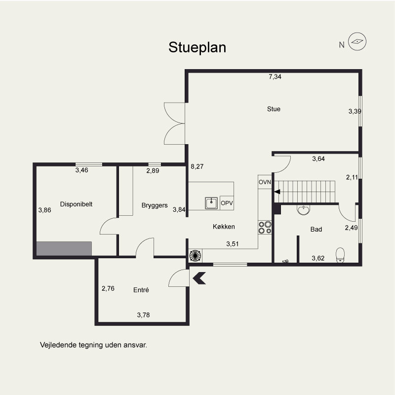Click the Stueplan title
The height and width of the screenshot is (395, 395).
point(197,47)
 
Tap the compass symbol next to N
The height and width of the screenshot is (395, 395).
point(357,41)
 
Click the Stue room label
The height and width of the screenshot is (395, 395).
point(274,109)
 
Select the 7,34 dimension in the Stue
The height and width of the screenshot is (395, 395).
point(275,77)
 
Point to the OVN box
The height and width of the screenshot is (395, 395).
point(265,182)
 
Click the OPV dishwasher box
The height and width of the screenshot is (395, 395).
point(227,203)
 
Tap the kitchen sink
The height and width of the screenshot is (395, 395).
point(211,203)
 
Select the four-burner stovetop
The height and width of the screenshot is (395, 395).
point(265,228)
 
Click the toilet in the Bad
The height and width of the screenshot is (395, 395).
point(340,255)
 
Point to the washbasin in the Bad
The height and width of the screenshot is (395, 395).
point(303,209)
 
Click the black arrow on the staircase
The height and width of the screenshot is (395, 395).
point(277,192)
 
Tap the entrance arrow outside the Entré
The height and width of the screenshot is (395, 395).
point(199,278)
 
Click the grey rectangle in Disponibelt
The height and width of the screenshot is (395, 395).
point(64,249)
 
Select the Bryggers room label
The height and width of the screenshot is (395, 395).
point(155,205)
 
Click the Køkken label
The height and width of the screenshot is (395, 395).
point(224,227)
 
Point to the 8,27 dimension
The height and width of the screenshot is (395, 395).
point(197,166)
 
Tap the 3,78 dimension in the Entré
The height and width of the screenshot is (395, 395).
point(143,315)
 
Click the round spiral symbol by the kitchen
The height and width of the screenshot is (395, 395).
point(195,255)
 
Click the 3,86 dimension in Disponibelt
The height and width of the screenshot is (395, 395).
point(44,210)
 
